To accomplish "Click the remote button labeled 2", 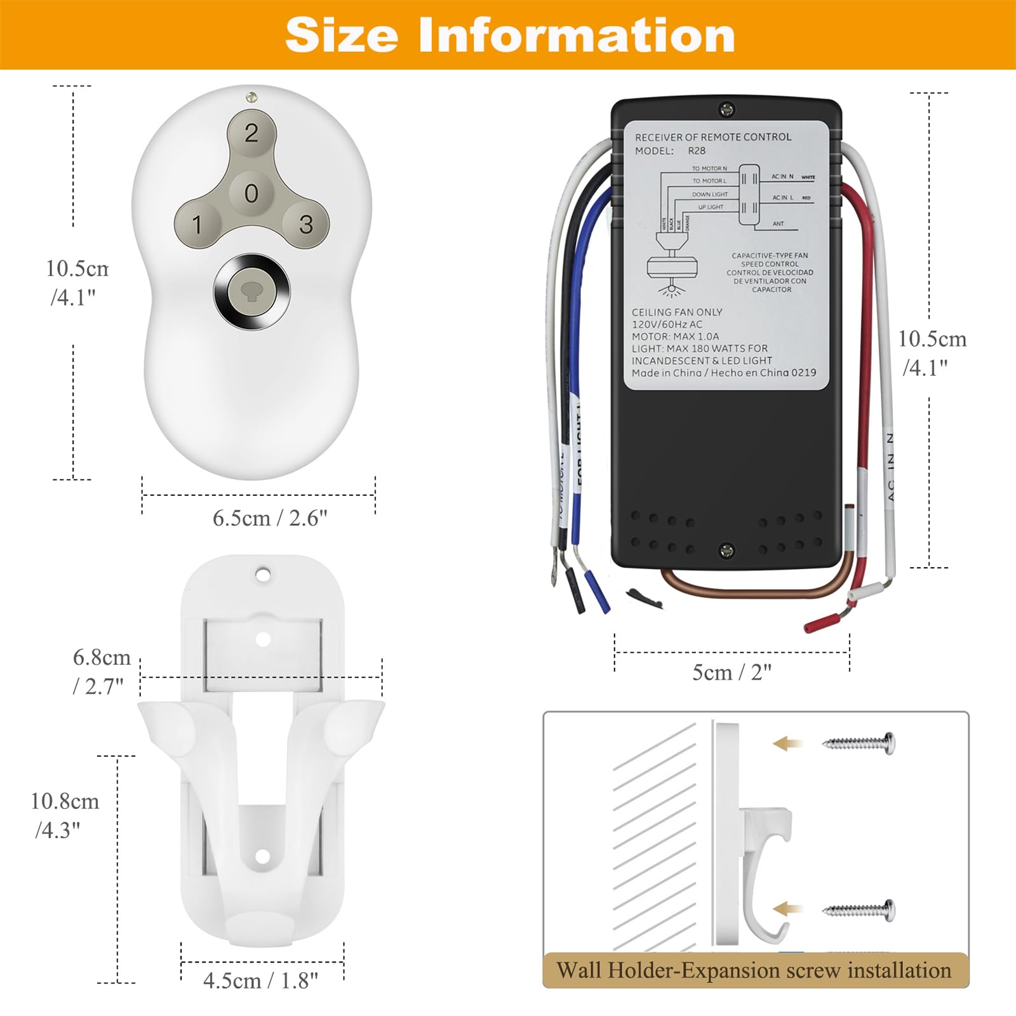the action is pyautogui.click(x=251, y=133).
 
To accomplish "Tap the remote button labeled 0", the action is pyautogui.click(x=251, y=192).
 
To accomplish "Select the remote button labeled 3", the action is pyautogui.click(x=306, y=224).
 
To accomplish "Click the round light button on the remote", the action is pyautogui.click(x=251, y=291).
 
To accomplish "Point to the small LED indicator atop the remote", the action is pyautogui.click(x=251, y=97).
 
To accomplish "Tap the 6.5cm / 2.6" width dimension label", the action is pyautogui.click(x=270, y=518).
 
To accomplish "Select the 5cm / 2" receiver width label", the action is pyautogui.click(x=732, y=672).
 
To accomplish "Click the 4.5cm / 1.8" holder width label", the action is pyautogui.click(x=260, y=980).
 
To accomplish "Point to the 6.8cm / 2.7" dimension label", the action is pyautogui.click(x=101, y=671).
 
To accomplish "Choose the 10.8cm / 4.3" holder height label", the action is pyautogui.click(x=65, y=815).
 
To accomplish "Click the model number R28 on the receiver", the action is pyautogui.click(x=697, y=151).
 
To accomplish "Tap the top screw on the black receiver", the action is pyautogui.click(x=726, y=110).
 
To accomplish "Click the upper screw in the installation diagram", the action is pyautogui.click(x=859, y=742).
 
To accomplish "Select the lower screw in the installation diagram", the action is pyautogui.click(x=859, y=910).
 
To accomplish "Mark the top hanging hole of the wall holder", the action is pyautogui.click(x=263, y=575).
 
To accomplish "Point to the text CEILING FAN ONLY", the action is pyautogui.click(x=677, y=312).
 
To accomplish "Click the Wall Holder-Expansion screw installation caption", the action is pyautogui.click(x=754, y=970).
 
